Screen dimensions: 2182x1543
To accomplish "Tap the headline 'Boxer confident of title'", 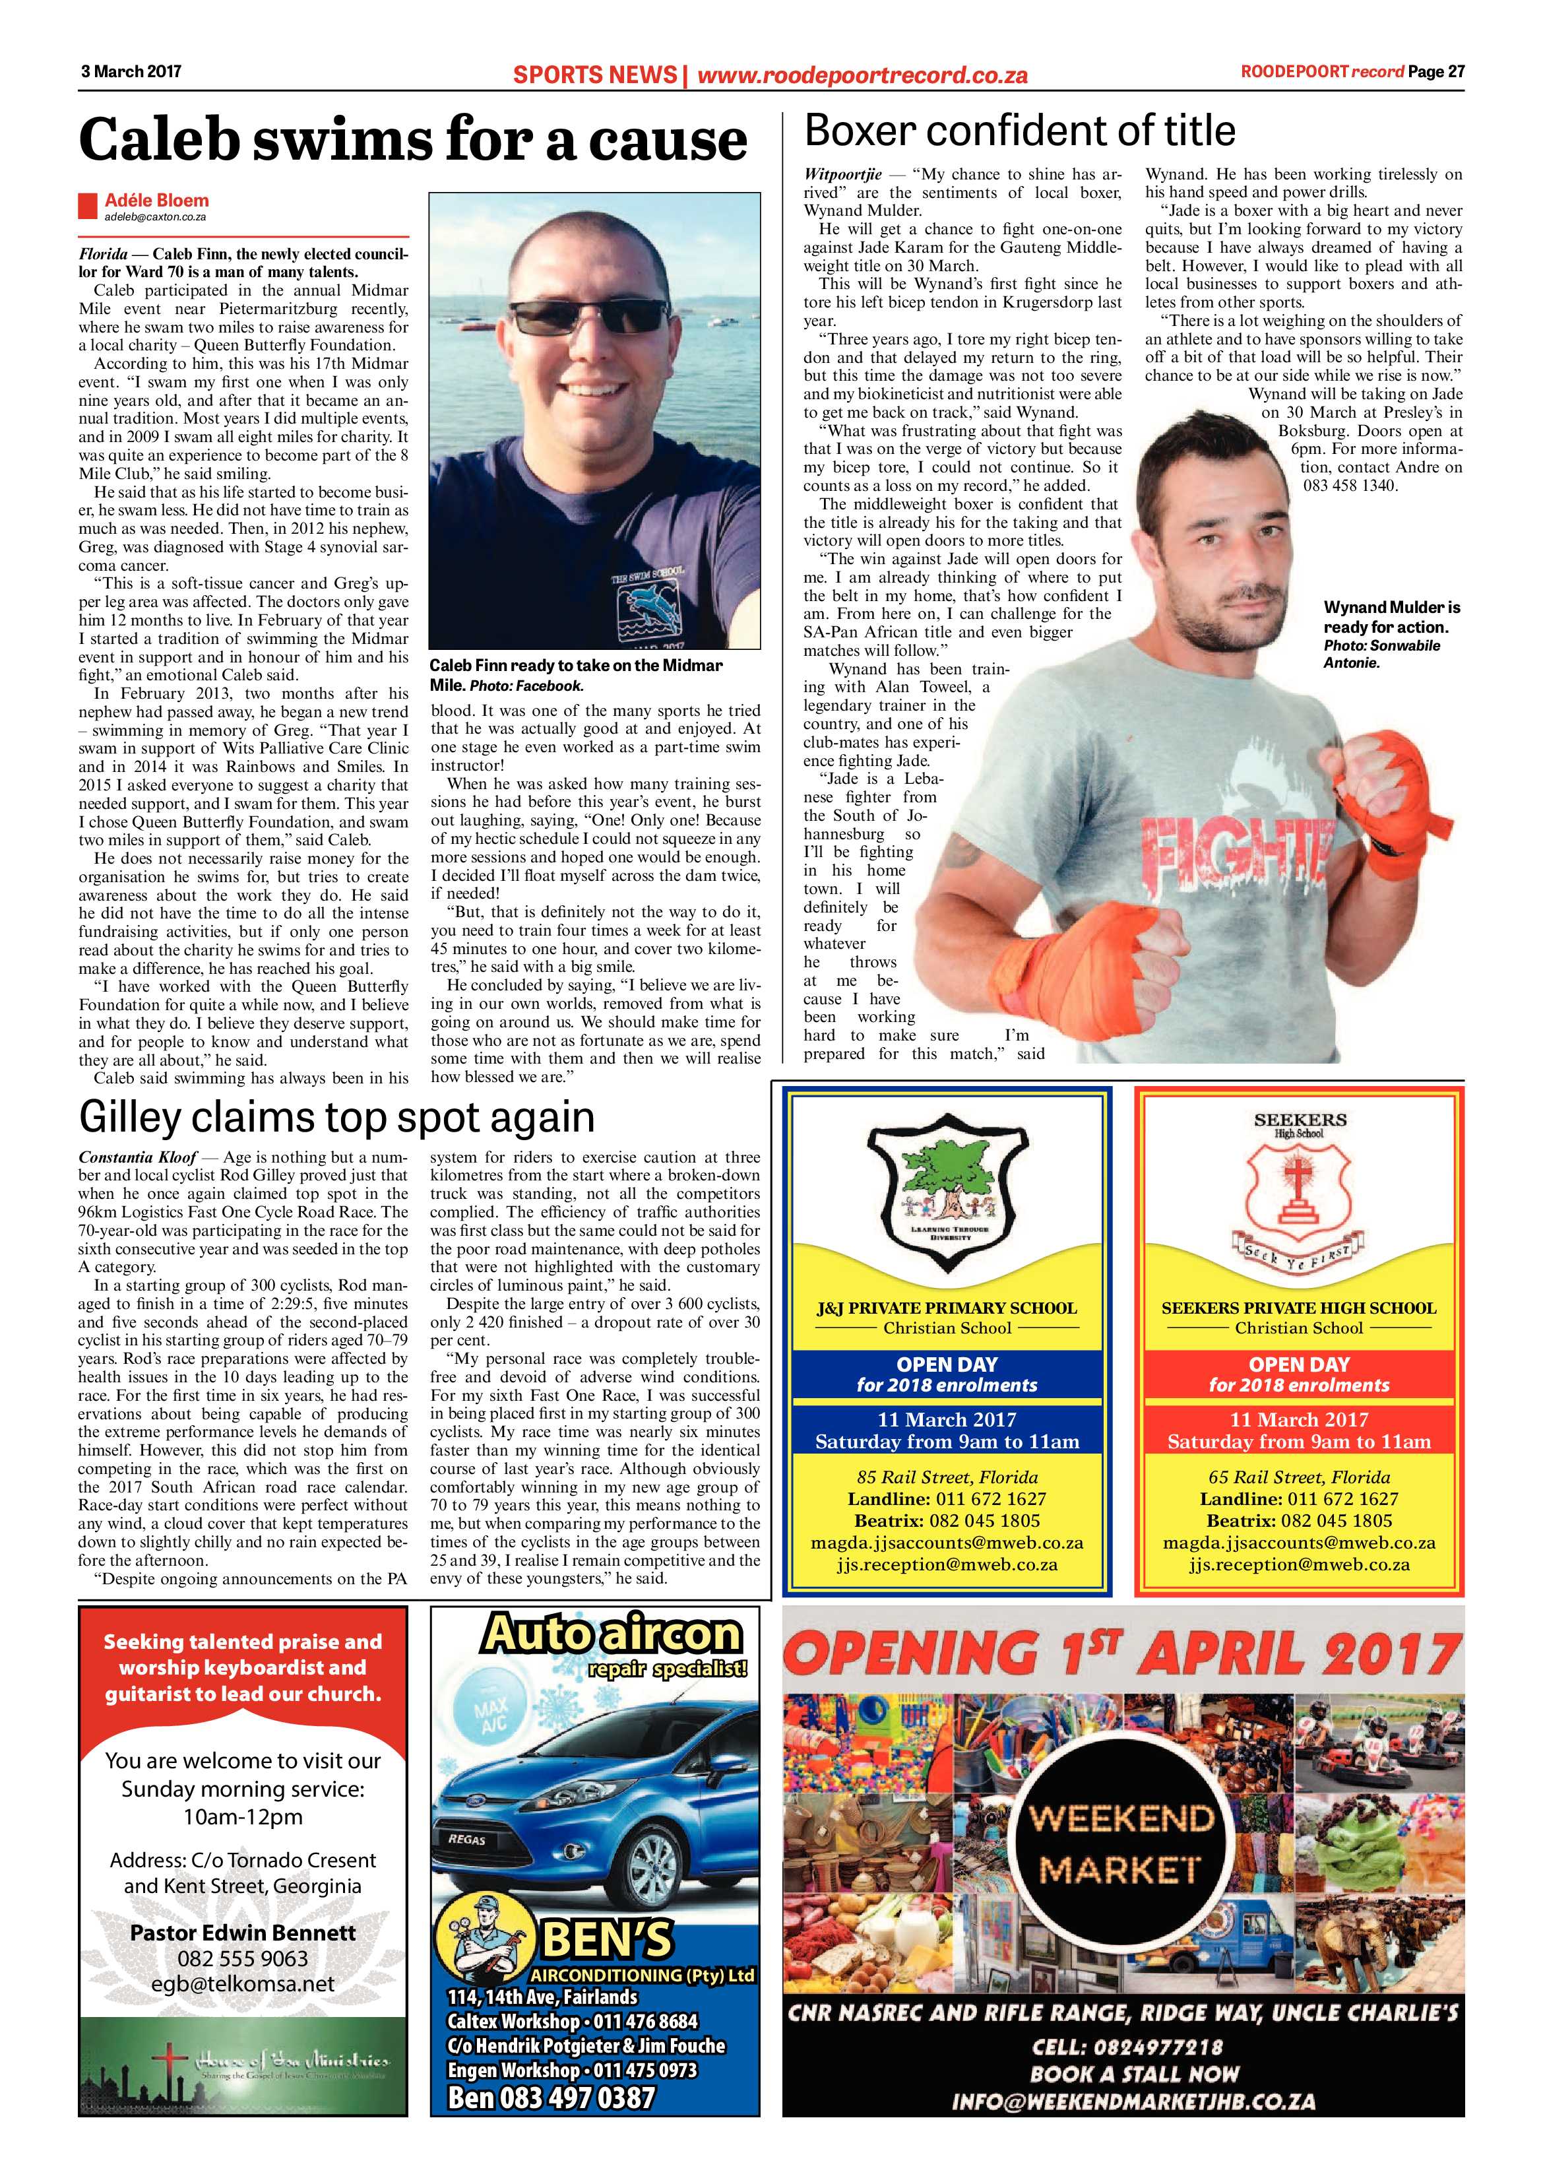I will pyautogui.click(x=1019, y=131).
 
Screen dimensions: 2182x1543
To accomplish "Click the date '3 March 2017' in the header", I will pyautogui.click(x=130, y=71).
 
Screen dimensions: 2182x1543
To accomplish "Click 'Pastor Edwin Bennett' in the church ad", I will pyautogui.click(x=243, y=1932).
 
